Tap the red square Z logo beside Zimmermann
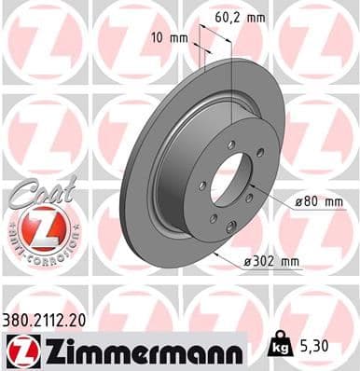(20, 351)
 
